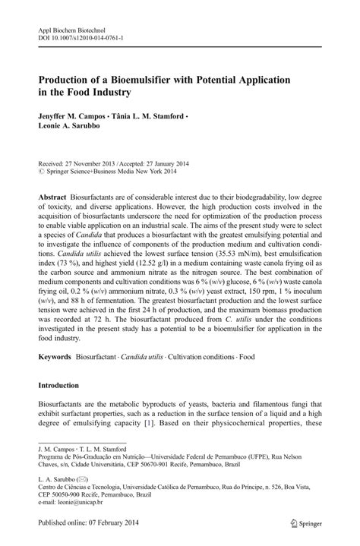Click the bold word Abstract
coord(53,197)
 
